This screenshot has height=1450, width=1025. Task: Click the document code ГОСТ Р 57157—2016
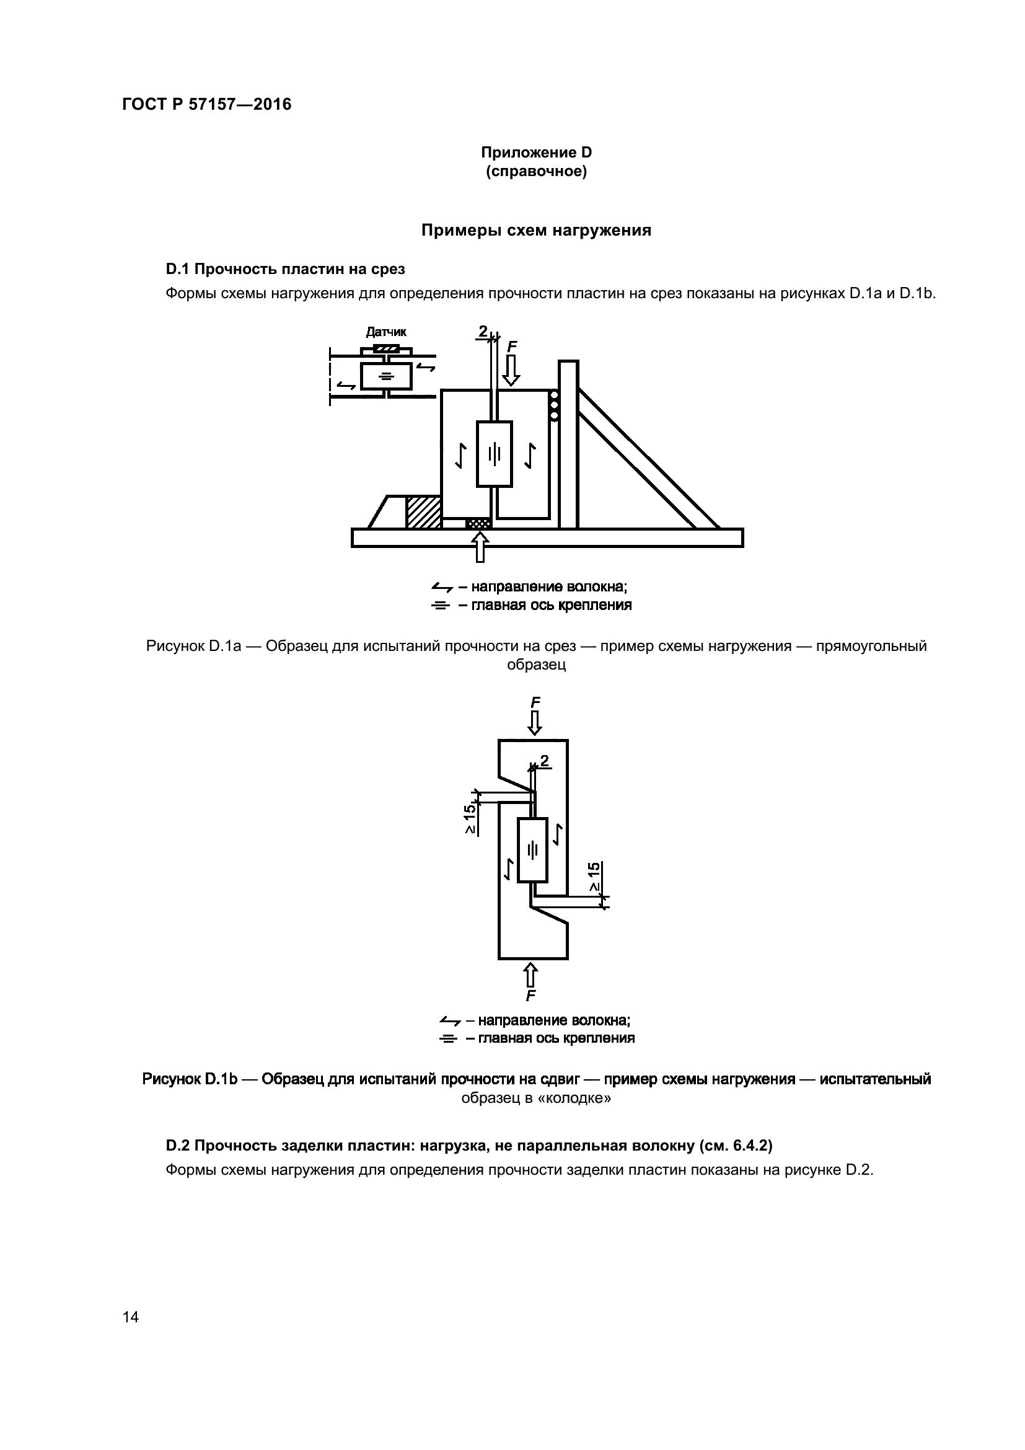click(206, 105)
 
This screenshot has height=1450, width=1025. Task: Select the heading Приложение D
click(536, 153)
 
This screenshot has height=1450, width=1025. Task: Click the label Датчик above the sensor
click(386, 332)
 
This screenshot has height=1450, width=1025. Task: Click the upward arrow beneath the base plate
click(481, 546)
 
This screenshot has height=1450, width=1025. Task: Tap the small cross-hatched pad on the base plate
click(478, 523)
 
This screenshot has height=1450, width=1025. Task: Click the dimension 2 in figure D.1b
click(544, 761)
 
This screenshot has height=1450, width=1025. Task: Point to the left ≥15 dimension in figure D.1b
click(470, 819)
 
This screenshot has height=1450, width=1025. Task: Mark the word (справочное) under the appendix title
click(536, 172)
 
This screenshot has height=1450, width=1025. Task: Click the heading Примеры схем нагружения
click(536, 231)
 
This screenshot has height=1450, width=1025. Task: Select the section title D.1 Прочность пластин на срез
click(285, 269)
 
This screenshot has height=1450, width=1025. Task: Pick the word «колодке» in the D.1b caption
click(581, 1099)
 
